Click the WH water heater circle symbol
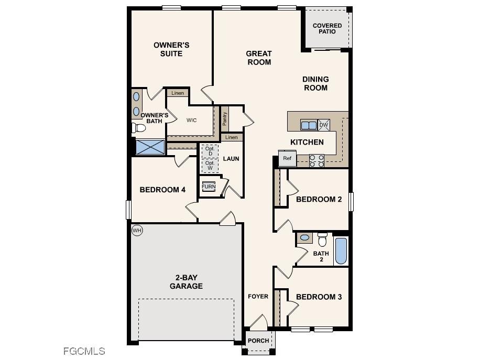(137, 231)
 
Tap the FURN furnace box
(209, 187)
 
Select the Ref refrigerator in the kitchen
(287, 158)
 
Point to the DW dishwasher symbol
(324, 125)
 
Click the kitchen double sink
(308, 125)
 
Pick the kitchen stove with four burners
(317, 160)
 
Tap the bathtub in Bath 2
(341, 252)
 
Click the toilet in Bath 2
(323, 239)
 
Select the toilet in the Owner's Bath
(139, 128)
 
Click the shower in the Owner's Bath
(150, 147)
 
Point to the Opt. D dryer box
(210, 150)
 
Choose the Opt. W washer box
(210, 166)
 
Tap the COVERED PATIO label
(327, 28)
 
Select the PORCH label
(258, 341)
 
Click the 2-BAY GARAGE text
(186, 281)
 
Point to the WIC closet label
(192, 121)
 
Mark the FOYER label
(258, 297)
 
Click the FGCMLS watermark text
(84, 351)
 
